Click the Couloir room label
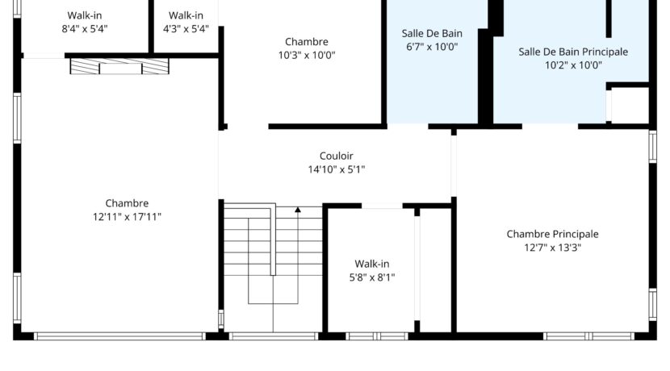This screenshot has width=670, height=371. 336,156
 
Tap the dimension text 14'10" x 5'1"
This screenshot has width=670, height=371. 336,169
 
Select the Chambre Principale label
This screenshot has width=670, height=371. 552,234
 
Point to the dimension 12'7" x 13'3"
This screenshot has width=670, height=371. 552,248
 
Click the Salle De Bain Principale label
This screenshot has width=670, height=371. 572,52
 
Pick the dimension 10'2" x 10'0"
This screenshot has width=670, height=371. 572,65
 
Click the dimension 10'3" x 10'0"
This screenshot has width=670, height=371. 306,56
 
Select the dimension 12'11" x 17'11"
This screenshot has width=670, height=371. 127,216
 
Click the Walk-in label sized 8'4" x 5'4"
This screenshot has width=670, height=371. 85,15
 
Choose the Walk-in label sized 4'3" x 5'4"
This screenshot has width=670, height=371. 186,15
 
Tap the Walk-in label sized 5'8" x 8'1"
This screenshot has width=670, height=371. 372,264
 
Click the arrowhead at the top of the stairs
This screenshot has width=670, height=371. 297,211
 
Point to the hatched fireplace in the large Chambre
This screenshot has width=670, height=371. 119,67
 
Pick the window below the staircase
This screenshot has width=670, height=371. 274,336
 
